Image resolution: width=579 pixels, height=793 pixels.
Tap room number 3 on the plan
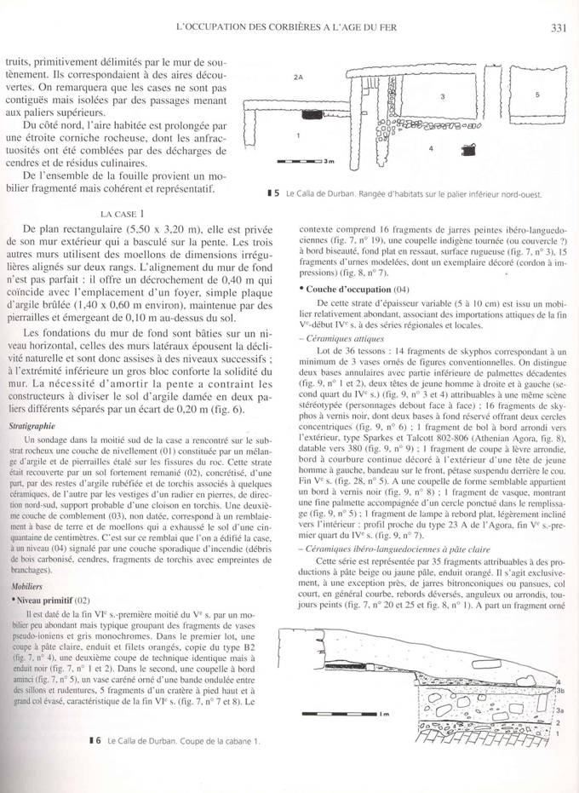coord(443,96)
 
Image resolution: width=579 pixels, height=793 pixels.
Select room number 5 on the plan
coord(537,95)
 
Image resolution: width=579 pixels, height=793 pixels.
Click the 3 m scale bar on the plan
coord(304,160)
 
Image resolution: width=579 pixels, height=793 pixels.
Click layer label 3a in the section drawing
coord(559,709)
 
